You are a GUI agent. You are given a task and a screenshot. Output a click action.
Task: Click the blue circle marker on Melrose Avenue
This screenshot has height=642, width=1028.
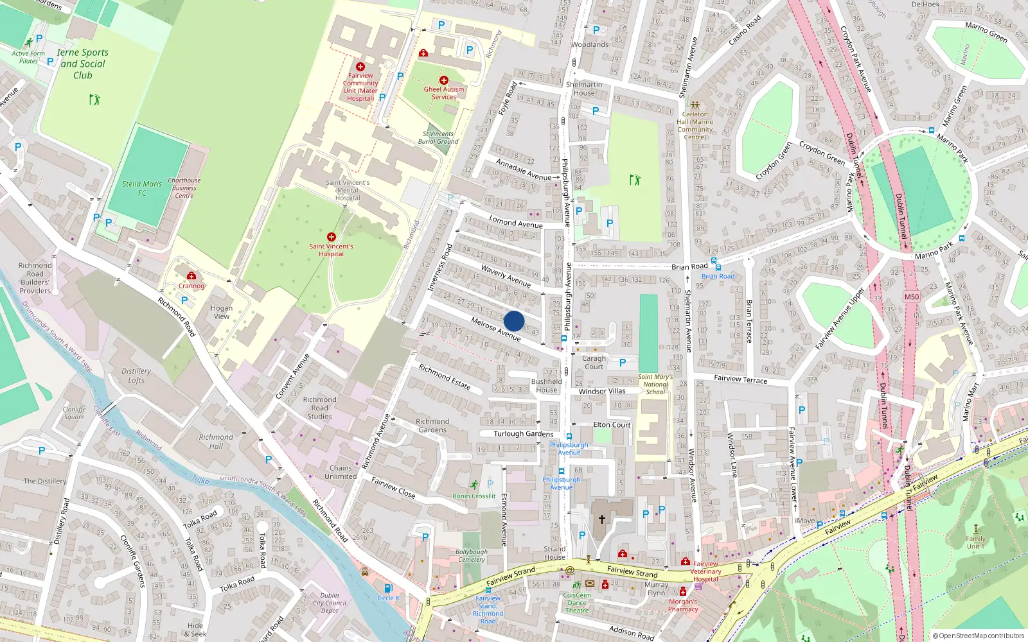514,321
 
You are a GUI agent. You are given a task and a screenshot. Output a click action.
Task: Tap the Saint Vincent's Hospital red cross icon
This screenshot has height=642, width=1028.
331,237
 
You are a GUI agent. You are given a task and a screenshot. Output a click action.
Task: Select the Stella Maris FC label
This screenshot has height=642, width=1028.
142,188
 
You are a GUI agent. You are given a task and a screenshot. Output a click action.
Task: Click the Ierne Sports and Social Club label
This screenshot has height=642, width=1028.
83,64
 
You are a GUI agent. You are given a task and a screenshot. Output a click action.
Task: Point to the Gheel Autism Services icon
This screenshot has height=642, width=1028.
443,80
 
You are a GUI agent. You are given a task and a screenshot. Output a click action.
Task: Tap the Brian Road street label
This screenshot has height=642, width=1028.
689,266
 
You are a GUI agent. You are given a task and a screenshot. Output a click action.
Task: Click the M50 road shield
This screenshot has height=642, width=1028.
911,297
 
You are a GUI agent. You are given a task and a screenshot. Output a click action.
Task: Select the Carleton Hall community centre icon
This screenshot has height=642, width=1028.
695,105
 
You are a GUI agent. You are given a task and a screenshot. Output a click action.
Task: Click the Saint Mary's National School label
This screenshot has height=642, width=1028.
655,385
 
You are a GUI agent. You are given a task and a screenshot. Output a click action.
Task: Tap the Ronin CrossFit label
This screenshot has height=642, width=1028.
474,496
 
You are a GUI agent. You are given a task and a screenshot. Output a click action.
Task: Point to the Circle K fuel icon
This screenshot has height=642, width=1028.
388,588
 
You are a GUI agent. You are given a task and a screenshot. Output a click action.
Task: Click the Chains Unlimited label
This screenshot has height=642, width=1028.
341,473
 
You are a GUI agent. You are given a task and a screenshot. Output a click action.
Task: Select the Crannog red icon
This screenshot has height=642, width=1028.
191,276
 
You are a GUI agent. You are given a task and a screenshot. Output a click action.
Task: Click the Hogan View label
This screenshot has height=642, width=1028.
222,312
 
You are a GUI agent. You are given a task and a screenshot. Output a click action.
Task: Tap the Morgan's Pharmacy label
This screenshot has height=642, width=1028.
683,605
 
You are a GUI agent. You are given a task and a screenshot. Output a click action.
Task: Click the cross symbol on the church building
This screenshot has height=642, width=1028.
601,519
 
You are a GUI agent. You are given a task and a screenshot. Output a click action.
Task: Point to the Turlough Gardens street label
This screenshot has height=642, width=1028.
523,434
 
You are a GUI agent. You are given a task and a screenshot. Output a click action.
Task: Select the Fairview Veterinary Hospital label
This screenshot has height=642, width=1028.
705,571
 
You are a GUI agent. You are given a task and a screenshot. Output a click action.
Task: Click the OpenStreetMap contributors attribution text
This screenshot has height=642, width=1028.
978,636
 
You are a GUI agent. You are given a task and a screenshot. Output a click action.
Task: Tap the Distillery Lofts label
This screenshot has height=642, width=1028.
136,376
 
